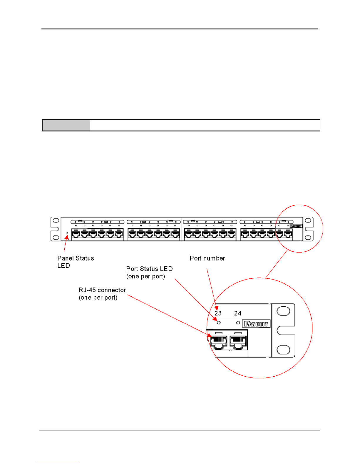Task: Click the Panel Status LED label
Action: point(76,262)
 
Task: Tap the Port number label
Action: point(207,258)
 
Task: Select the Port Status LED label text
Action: point(149,272)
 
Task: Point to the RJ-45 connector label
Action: point(102,294)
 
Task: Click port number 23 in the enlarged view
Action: point(218,313)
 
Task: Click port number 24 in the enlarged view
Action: point(238,313)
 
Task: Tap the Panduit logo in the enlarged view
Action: point(256,324)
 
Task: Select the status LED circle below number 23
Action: point(219,323)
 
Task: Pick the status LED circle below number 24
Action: point(238,323)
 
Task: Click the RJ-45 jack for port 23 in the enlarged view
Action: point(219,343)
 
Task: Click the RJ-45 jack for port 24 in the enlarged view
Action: point(238,343)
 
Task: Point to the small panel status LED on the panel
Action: point(68,233)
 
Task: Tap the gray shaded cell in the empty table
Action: point(66,125)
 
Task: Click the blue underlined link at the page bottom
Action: point(58,463)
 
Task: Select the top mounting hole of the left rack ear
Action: point(56,221)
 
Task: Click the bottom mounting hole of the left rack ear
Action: point(56,237)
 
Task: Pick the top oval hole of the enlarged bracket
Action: point(283,311)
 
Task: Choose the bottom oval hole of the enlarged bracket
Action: point(283,350)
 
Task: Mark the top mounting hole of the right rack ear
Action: point(308,221)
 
